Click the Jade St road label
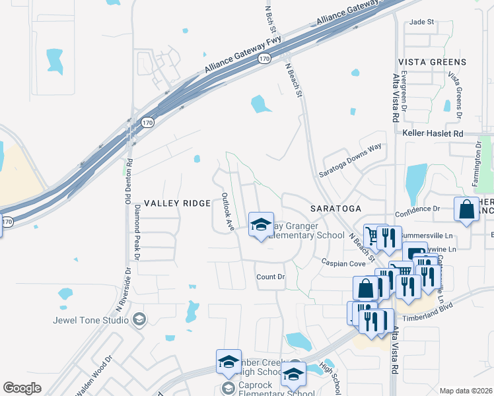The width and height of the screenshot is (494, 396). click(x=421, y=22)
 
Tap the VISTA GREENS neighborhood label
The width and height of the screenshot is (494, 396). click(x=432, y=62)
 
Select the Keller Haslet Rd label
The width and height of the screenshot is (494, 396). click(x=433, y=133)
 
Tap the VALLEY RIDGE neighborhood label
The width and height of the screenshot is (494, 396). click(x=177, y=203)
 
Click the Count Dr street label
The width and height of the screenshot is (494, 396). click(x=270, y=277)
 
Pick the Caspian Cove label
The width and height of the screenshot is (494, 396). click(x=343, y=263)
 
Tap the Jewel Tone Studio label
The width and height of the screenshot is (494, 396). click(x=91, y=321)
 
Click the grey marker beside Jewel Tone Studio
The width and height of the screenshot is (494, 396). click(x=139, y=320)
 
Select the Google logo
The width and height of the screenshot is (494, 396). click(x=22, y=387)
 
